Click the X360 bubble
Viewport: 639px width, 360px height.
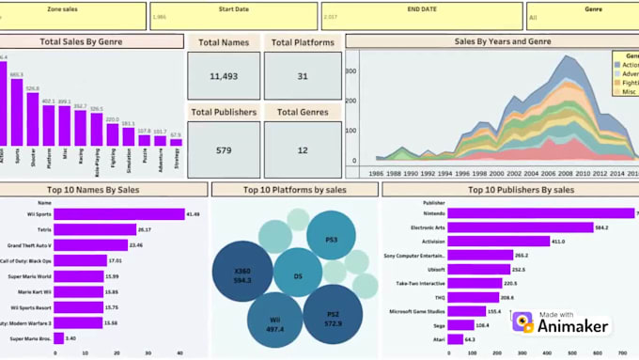242,274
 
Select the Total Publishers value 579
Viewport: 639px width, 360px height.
223,149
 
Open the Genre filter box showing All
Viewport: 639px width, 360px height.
582,16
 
